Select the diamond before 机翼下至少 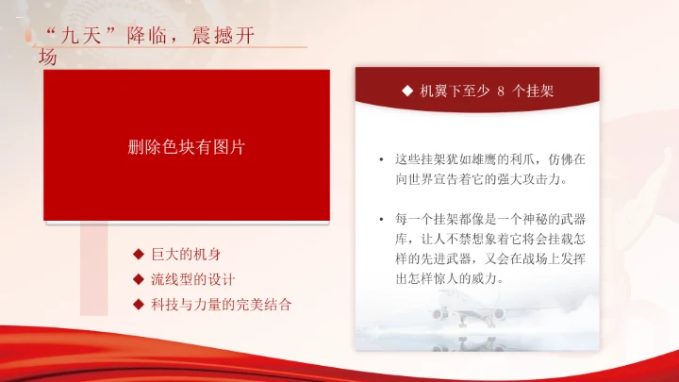point(406,91)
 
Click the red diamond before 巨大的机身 point(138,256)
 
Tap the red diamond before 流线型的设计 point(138,280)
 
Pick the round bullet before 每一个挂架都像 point(379,220)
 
